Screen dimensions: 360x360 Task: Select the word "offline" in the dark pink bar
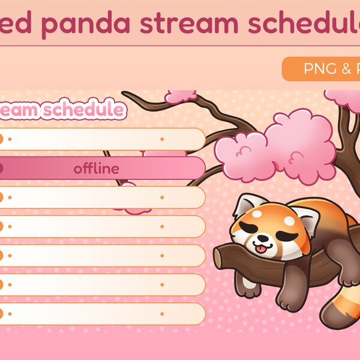pos(96,169)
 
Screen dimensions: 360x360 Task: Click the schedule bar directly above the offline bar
pos(102,139)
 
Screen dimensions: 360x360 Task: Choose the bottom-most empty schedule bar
pos(102,313)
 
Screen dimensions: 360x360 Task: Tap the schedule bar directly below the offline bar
pos(102,197)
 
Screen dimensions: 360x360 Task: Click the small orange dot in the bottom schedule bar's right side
pos(162,313)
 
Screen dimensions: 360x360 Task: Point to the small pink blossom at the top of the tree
pos(180,97)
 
